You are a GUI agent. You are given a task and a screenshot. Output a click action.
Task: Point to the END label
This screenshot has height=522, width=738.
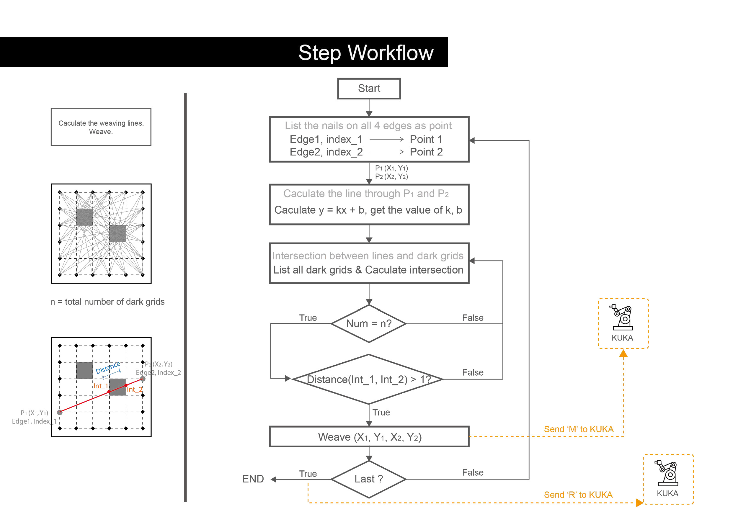(253, 479)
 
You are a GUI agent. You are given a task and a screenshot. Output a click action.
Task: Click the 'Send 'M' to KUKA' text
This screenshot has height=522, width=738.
(579, 429)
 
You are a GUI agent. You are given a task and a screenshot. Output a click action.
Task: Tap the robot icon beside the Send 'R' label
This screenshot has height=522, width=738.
(667, 473)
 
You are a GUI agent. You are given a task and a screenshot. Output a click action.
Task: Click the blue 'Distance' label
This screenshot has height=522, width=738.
(108, 368)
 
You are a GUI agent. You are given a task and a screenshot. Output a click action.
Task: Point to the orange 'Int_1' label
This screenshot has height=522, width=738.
(100, 386)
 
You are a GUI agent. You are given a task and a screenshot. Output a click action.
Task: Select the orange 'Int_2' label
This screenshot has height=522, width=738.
(134, 389)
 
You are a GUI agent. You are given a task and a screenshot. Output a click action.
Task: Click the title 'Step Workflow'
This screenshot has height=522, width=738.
(366, 53)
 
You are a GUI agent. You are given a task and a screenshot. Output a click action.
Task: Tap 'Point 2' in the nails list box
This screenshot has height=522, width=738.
(426, 152)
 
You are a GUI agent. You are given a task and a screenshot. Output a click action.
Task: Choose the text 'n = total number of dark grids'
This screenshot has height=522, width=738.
(107, 302)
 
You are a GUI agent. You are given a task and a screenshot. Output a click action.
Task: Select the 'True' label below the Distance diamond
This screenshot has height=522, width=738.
(381, 413)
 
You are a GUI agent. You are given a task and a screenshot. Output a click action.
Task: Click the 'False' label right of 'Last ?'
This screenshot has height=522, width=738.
(473, 472)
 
